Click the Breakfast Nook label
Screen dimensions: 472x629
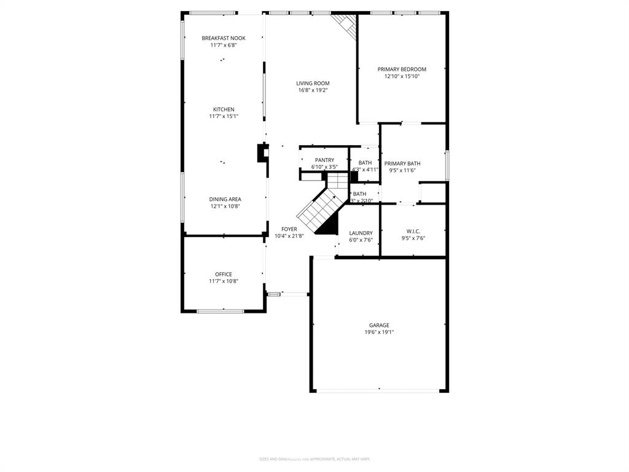[x=224, y=38]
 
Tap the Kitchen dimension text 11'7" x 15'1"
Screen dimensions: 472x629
[x=224, y=116]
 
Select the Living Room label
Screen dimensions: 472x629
[x=313, y=84]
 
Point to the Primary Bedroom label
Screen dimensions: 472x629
[x=402, y=69]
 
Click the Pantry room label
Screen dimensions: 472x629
[x=324, y=160]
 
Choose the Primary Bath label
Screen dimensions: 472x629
[x=402, y=163]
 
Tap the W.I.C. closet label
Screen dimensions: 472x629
[x=413, y=232]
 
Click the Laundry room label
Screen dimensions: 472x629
[x=361, y=233]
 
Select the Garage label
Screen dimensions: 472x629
[x=379, y=326]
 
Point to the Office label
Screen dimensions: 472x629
[x=224, y=274]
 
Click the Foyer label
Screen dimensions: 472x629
[x=289, y=229]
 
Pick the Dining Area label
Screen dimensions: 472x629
[x=225, y=199]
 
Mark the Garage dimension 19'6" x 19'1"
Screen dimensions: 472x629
[x=379, y=332]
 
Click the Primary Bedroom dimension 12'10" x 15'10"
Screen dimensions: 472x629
[x=402, y=76]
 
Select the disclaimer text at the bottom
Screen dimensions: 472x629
[x=314, y=458]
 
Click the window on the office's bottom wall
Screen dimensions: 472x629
[x=220, y=311]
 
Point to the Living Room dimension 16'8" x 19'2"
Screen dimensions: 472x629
[x=313, y=90]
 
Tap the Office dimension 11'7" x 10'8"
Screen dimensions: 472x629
[x=224, y=281]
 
